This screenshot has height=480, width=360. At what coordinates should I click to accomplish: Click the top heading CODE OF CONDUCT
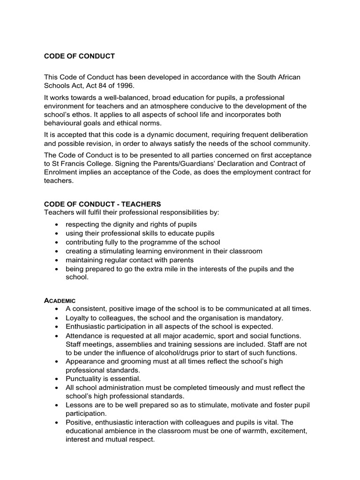coord(79,56)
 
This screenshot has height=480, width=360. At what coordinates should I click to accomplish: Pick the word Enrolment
coord(62,173)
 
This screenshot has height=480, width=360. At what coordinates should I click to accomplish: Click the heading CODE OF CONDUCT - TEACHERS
coord(102,204)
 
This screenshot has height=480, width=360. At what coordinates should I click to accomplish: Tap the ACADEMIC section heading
coord(60,300)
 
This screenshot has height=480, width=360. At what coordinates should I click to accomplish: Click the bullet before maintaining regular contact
coord(56,260)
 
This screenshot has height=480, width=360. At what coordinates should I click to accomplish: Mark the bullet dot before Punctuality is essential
coord(56,379)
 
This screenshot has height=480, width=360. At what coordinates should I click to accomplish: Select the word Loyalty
coord(79,317)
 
